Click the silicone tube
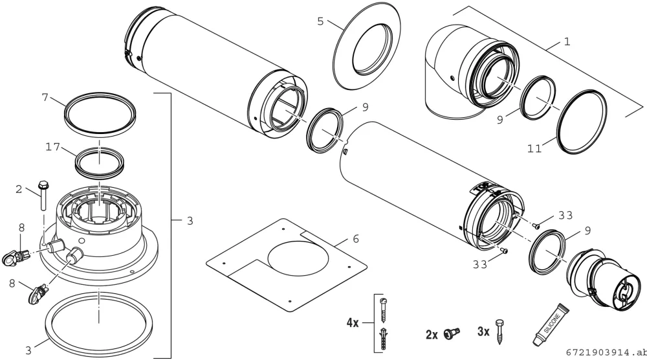551,324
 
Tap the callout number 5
321,21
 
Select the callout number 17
53,147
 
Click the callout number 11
535,149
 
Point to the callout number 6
356,239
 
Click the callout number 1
567,41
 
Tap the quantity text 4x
353,322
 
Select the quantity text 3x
483,332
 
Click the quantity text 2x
432,334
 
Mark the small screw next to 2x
452,332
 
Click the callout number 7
45,98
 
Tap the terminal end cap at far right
605,278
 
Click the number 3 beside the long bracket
190,221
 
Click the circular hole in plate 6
299,256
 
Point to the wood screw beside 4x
384,310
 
